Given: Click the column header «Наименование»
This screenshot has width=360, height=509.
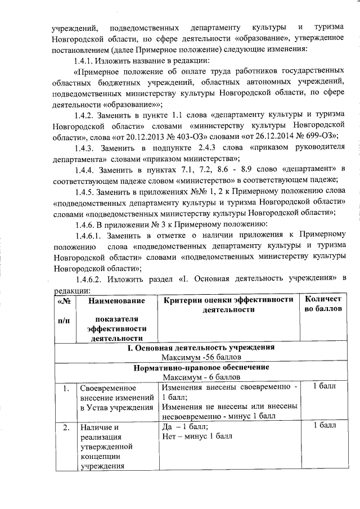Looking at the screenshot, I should pos(112,301).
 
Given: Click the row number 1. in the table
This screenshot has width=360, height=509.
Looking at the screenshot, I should pos(66,388).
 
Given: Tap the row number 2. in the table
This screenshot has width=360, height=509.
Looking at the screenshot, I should pos(66,426).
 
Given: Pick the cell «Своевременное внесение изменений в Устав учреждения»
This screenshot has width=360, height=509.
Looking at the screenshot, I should pos(115,398).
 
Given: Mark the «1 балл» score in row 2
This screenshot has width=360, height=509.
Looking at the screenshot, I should pos(324,426).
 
